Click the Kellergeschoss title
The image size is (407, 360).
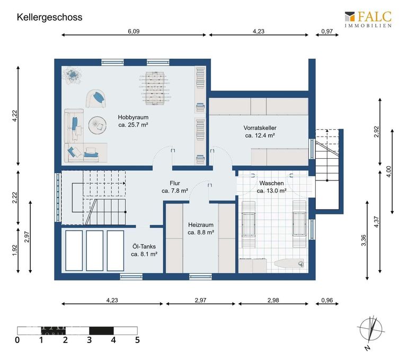coord(49,17)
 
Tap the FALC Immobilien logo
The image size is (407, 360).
coord(368,19)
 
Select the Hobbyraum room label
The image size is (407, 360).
coord(132,121)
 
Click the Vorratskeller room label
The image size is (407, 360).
coord(260,132)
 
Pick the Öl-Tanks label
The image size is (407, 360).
coord(144,250)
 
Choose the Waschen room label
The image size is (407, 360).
coord(271,187)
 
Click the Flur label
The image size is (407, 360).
coord(175,187)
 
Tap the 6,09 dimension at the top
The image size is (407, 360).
coord(134,31)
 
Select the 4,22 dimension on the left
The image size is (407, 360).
coord(15,115)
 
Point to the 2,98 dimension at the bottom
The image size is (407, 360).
coord(273,300)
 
